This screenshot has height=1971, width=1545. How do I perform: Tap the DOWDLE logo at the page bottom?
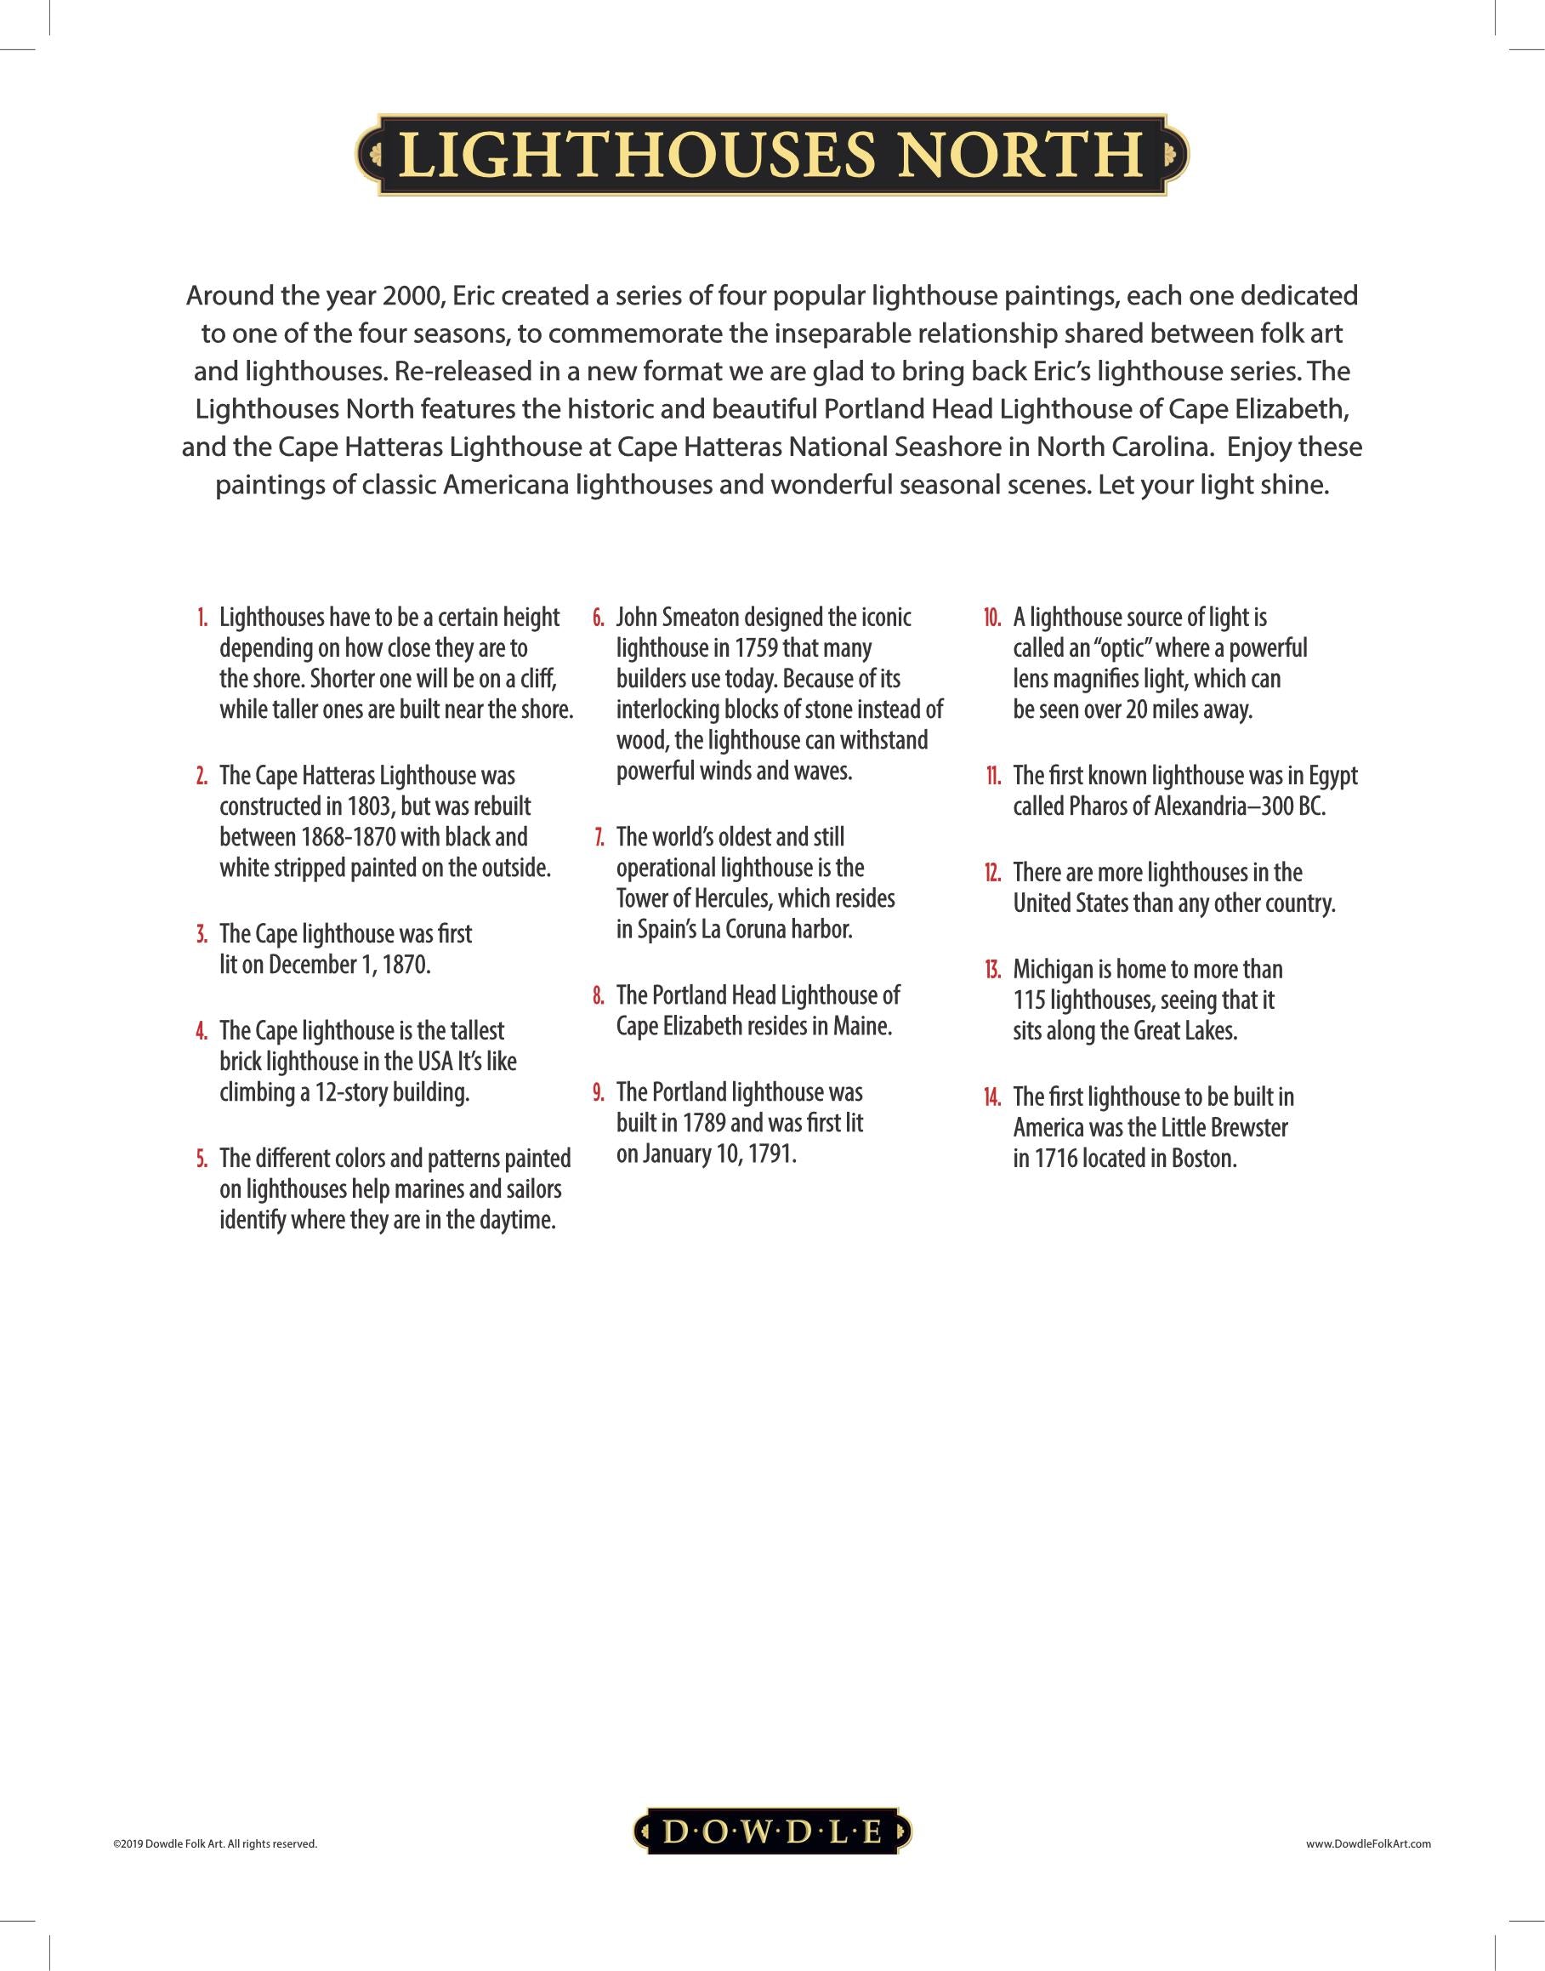tap(771, 1831)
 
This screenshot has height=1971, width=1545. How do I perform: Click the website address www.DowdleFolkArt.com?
tap(1369, 1843)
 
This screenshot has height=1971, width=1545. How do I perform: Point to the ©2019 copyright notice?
tap(214, 1843)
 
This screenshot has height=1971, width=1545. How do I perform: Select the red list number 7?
tap(599, 837)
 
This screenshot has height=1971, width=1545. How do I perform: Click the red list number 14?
tap(992, 1097)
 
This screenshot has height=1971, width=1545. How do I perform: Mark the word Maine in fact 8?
tap(863, 1026)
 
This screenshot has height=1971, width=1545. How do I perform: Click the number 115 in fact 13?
tap(1030, 1000)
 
